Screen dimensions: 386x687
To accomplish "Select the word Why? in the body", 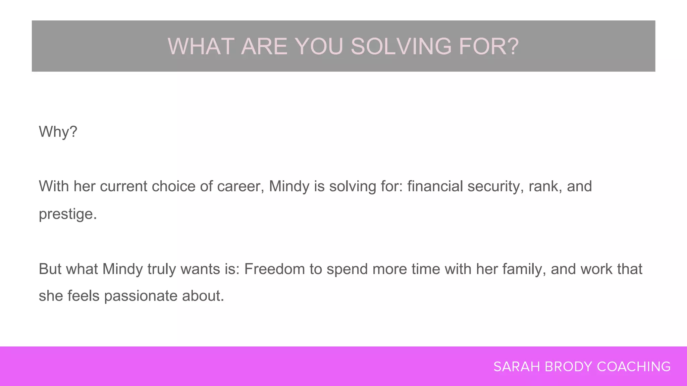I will (x=58, y=132).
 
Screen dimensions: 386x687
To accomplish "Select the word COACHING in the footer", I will (x=634, y=367).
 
